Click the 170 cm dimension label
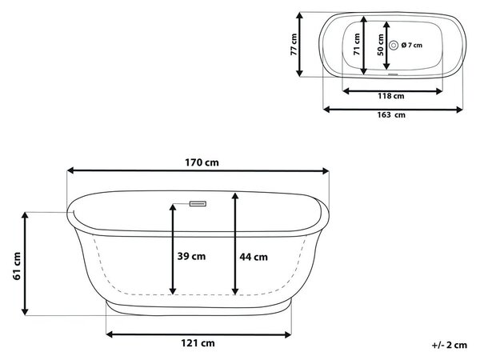click(202, 162)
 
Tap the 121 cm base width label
click(198, 343)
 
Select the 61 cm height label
click(17, 266)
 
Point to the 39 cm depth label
click(191, 256)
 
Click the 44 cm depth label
click(254, 257)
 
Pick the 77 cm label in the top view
click(294, 44)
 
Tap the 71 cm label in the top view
click(357, 44)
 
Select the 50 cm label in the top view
click(380, 45)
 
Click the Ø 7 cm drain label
click(412, 46)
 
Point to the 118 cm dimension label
click(390, 96)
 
